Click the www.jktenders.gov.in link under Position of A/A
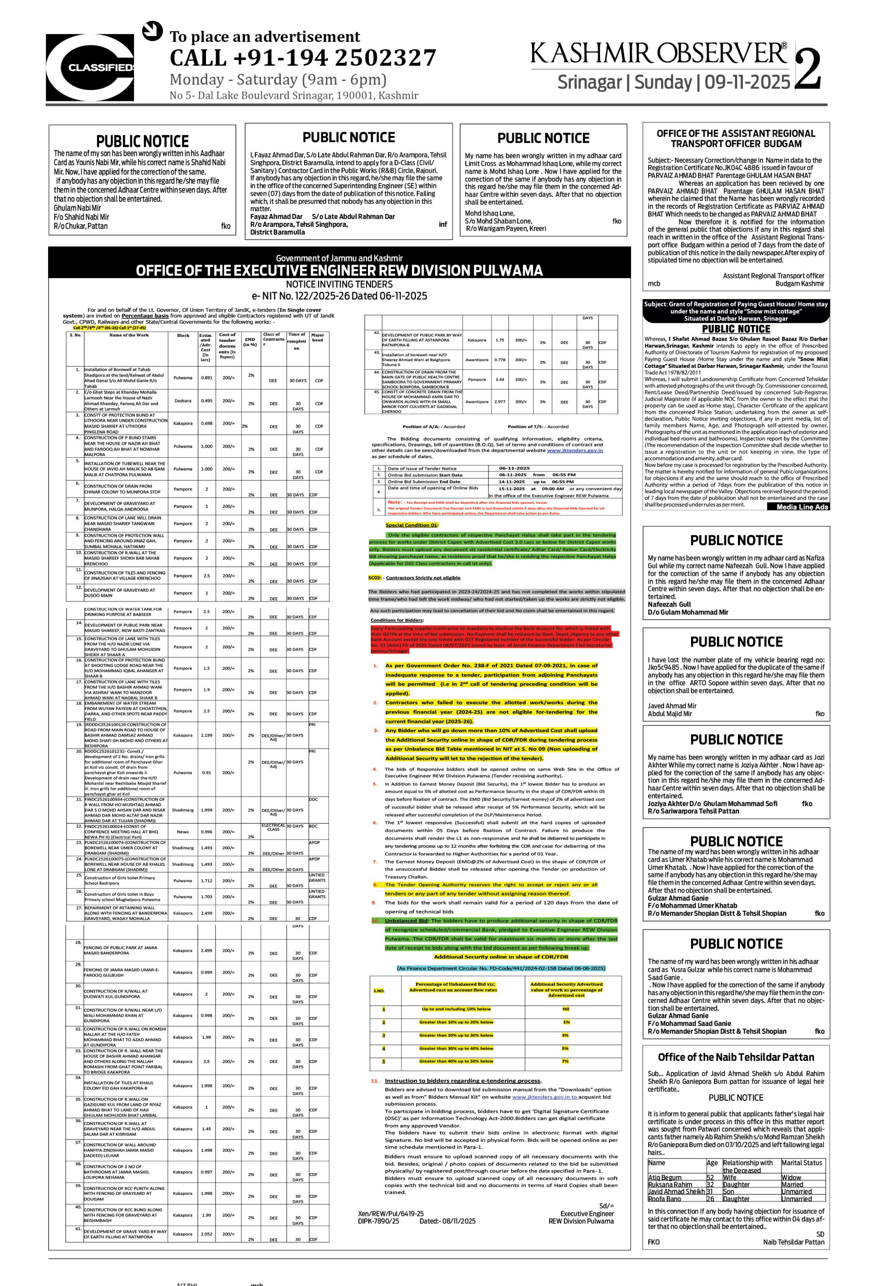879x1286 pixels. (575, 451)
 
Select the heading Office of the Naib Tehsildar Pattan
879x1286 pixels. (735, 1057)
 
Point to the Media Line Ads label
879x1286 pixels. (802, 507)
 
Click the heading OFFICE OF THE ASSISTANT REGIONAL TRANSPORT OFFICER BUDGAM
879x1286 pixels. (735, 138)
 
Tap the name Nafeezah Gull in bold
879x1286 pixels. (669, 604)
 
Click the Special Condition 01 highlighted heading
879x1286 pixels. (412, 525)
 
